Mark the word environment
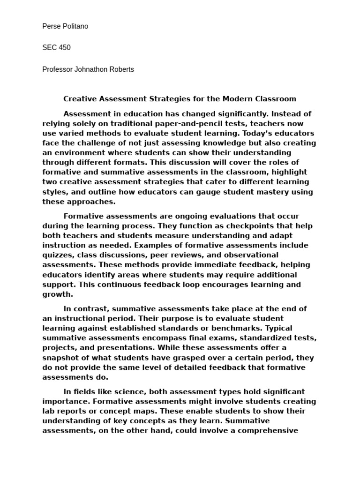point(76,153)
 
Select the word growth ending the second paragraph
point(57,294)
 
